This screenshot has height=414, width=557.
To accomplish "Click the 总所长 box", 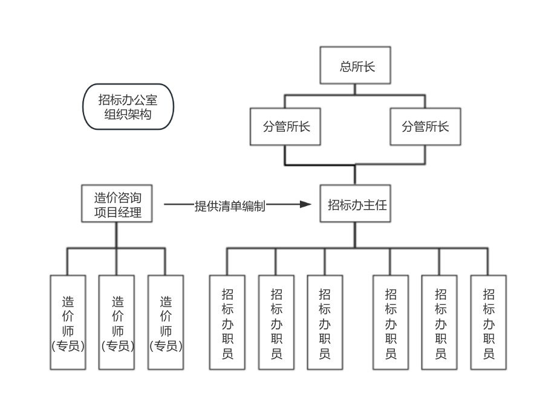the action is click(355, 65).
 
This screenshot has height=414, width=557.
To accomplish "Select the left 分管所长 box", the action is click(285, 127).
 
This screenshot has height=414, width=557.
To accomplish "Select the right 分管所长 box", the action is click(425, 127).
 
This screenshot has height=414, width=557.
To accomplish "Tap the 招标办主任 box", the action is click(355, 204).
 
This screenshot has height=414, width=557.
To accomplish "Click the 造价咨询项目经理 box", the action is click(117, 204).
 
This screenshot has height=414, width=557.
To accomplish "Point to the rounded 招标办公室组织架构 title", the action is click(128, 106).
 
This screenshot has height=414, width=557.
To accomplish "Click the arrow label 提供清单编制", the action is click(230, 206).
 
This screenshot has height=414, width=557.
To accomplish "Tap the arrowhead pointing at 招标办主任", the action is click(306, 204).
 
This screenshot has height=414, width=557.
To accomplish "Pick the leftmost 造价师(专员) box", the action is click(68, 322).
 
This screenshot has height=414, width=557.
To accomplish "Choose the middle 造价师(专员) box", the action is click(117, 322).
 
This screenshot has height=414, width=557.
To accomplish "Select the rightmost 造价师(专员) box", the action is click(166, 322).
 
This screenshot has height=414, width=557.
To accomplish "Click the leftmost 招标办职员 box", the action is click(227, 322).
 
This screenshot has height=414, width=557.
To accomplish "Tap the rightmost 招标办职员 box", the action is click(489, 322).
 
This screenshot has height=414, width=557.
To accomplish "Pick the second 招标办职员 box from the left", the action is click(276, 322).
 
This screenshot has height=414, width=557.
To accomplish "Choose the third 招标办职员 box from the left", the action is click(325, 322).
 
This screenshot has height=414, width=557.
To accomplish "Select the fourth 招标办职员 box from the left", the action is click(391, 322).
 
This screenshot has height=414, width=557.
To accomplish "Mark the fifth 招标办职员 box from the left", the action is click(440, 322).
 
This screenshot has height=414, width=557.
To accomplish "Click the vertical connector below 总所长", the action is click(355, 89).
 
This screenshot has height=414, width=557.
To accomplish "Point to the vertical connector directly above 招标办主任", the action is click(355, 175).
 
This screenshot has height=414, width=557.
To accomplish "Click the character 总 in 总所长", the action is click(346, 66).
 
